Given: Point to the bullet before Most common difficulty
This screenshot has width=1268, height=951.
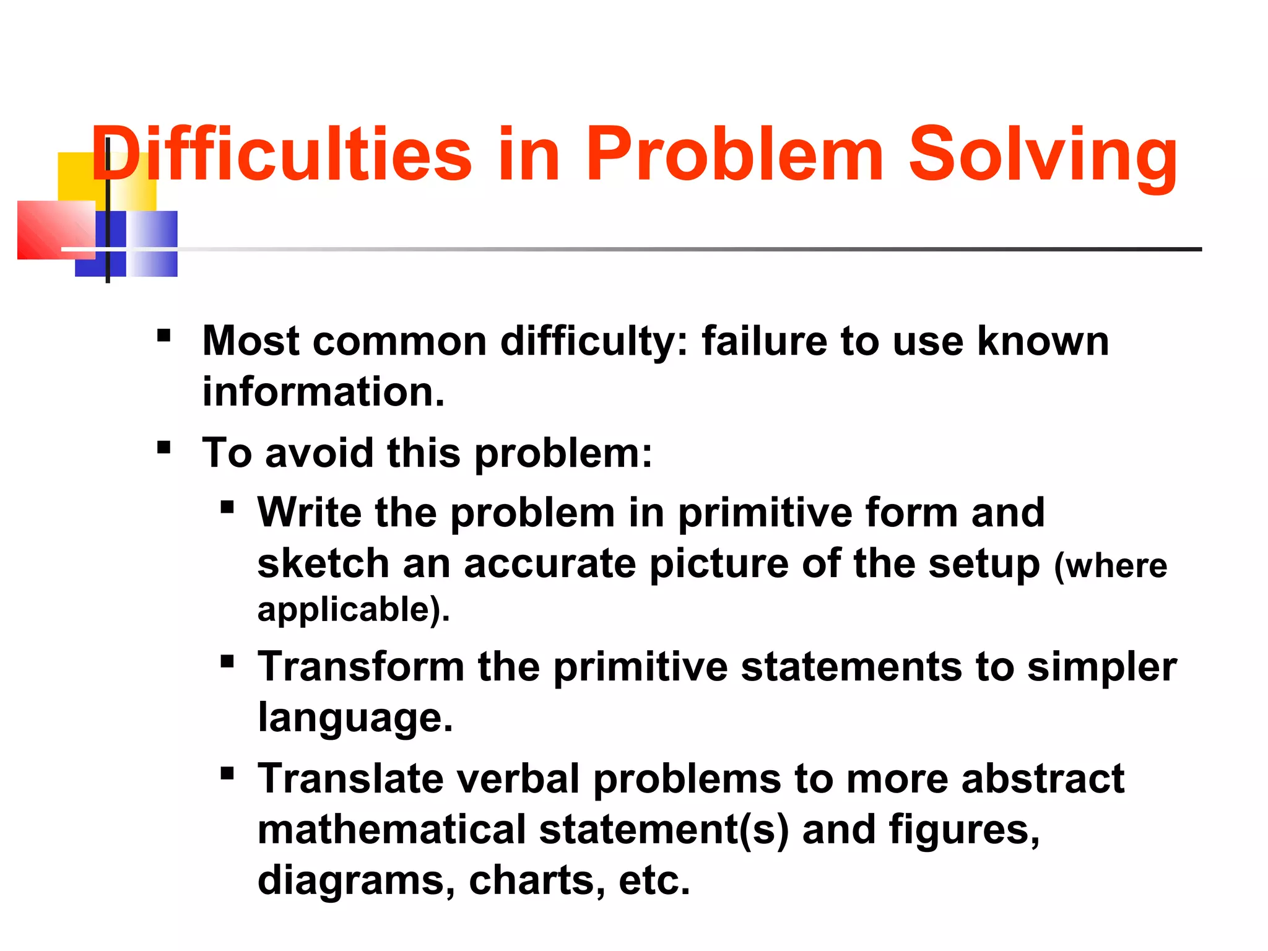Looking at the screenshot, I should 163,336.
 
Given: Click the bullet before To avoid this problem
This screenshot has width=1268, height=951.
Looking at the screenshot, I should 163,447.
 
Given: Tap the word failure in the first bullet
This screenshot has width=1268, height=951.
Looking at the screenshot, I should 764,341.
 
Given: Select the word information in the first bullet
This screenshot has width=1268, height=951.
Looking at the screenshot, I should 323,392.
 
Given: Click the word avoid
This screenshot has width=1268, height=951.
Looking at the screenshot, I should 319,453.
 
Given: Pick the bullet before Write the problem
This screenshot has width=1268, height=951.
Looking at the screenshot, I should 227,508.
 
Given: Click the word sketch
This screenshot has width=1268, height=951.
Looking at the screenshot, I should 323,564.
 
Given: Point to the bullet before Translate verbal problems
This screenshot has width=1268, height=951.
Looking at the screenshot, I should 227,773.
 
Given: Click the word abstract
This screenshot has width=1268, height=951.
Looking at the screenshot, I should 1042,778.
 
